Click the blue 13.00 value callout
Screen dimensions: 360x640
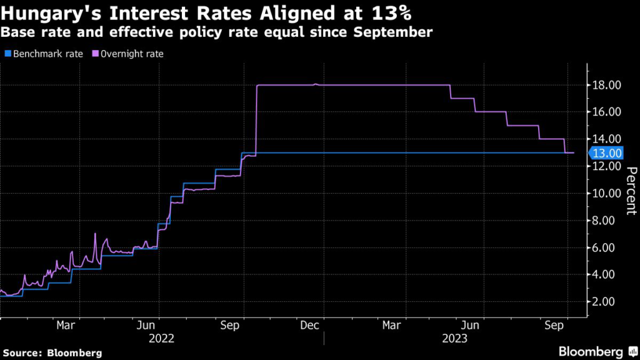(x=606, y=153)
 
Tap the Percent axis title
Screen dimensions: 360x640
(x=631, y=191)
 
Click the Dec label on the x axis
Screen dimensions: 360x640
(x=310, y=326)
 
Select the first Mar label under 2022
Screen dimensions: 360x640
(x=66, y=326)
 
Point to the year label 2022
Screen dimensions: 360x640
(x=162, y=338)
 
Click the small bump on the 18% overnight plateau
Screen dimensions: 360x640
(x=316, y=84)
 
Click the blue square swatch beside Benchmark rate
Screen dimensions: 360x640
(x=8, y=54)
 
